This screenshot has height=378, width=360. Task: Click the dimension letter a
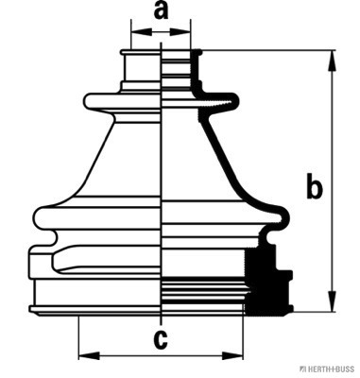[161, 11]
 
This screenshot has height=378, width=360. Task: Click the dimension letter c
[161, 339]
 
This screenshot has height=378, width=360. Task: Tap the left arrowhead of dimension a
[142, 32]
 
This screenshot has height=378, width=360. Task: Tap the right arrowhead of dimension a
[180, 32]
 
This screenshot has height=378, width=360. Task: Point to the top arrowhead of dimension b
[332, 61]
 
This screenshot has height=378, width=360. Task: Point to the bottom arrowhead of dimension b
[332, 301]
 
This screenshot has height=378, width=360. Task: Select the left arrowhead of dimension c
[89, 356]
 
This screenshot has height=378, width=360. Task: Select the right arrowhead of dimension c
[232, 356]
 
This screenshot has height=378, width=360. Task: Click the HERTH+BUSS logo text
[329, 369]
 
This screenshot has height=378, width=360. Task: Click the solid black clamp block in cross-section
[267, 281]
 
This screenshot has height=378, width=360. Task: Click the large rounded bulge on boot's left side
[97, 217]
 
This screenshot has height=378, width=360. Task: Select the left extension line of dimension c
[78, 337]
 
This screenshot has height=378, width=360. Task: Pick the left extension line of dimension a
[131, 35]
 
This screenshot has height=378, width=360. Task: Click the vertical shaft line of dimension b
[332, 181]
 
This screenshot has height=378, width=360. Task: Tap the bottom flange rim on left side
[94, 310]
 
